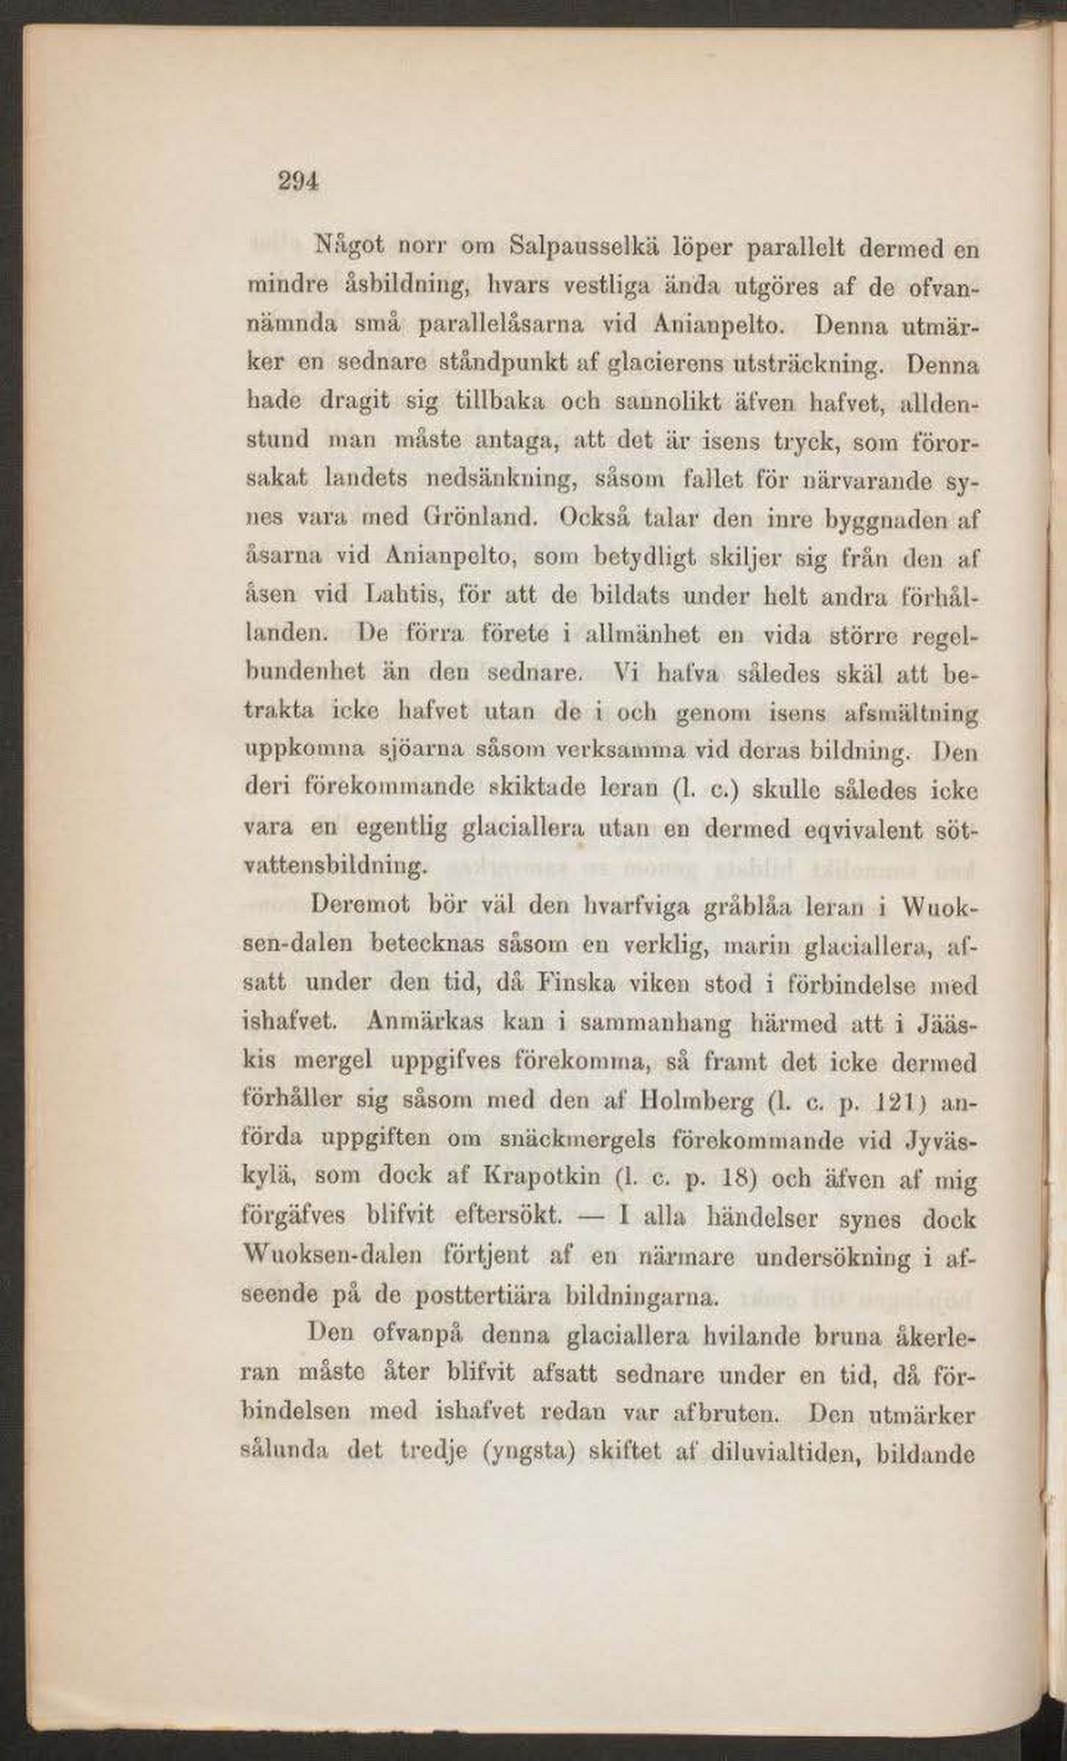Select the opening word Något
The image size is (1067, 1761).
pyautogui.click(x=351, y=247)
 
